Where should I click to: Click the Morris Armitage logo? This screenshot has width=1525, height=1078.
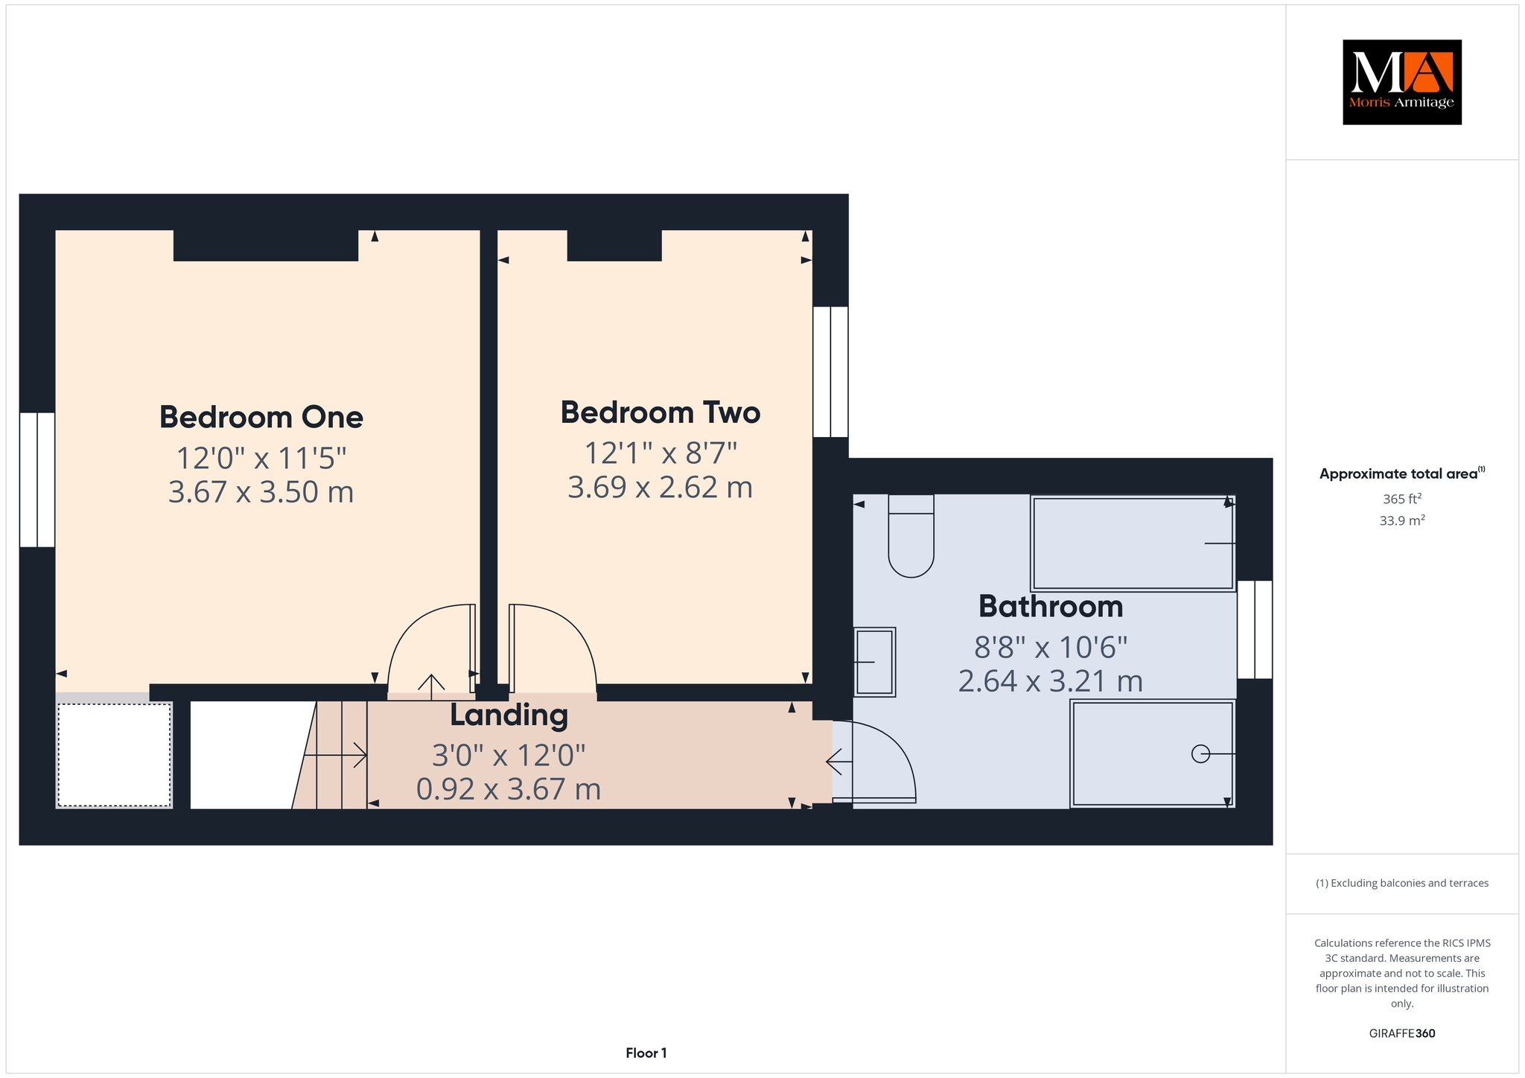pos(1401,82)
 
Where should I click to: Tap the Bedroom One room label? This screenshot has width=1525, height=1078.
pos(261,417)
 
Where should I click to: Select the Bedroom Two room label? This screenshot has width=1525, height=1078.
pos(660,412)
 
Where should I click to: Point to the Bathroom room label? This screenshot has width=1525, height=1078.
pos(1051,607)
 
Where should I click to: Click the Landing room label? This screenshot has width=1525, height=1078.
pos(509,716)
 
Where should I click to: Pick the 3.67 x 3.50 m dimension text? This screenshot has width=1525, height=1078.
pos(261,492)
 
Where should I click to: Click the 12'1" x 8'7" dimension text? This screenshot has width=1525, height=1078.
pos(660,453)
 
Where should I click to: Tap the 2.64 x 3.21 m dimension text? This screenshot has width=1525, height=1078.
pos(1051,681)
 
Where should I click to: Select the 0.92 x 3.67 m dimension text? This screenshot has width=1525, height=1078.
pos(509,789)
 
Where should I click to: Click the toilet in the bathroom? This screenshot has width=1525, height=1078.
pos(911,536)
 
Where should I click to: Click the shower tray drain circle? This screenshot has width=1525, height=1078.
pos(1200,754)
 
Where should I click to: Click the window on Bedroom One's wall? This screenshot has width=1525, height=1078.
pos(37,479)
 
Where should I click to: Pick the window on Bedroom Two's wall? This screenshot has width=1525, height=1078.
pos(830,371)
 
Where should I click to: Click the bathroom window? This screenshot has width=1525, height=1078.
pos(1255,630)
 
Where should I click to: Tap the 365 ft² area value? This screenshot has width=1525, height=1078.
pos(1401,499)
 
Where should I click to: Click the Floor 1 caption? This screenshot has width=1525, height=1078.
pos(646,1053)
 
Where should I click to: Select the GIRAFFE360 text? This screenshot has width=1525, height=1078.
pos(1402,1033)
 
